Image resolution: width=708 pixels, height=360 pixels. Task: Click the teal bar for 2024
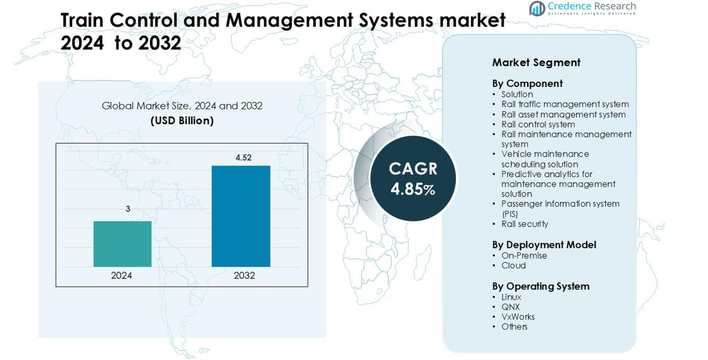pos(122,244)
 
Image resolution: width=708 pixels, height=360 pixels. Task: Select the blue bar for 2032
pos(241,216)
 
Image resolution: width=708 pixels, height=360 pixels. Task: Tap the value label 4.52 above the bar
pos(243,158)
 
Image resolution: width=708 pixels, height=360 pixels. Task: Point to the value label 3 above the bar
pos(128,209)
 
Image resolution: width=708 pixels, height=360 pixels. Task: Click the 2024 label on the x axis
pos(122,275)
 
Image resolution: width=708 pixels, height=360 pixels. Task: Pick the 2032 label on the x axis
pos(244,275)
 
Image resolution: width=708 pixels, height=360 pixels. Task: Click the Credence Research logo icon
pos(537,9)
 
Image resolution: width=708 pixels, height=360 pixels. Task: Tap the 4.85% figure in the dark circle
pos(413,189)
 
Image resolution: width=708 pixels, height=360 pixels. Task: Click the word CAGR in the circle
pos(413,168)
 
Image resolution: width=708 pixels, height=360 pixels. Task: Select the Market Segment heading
pos(536,63)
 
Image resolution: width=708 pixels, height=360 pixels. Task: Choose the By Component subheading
pos(527,83)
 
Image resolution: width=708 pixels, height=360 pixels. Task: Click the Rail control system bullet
pos(538,124)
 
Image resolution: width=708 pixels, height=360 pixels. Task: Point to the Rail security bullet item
pos(524,224)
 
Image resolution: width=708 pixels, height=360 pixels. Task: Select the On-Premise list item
pos(524,255)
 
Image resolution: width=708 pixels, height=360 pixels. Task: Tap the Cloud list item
pos(514,265)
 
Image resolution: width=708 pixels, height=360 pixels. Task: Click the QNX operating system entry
pos(510,307)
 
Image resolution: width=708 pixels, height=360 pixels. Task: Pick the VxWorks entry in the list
pos(518,317)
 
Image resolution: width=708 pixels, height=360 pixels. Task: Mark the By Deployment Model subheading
pos(544,244)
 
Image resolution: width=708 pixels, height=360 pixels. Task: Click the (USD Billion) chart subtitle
pos(182,121)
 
